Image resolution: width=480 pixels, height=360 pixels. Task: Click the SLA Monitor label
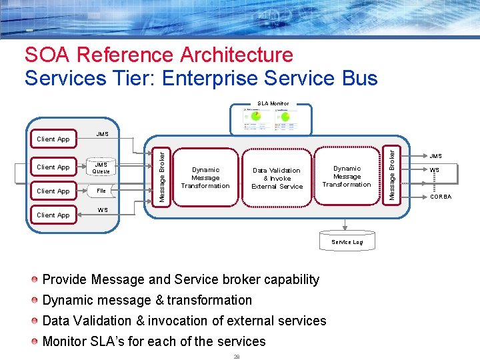pos(273,103)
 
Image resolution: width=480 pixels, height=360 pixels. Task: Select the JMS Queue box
pos(101,167)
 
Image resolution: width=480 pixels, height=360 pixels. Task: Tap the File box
pos(101,191)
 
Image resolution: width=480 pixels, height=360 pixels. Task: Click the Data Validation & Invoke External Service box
pos(277,178)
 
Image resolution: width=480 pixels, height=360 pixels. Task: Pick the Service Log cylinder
pos(347,241)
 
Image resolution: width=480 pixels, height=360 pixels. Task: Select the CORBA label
pos(440,197)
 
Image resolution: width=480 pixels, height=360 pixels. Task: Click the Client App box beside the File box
pos(53,191)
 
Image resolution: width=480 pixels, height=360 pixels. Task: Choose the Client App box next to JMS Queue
pos(53,167)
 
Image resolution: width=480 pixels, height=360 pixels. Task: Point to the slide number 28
pos(236,356)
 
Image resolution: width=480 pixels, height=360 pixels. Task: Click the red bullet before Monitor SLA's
pos(35,341)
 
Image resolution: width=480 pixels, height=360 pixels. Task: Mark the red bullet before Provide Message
pos(35,279)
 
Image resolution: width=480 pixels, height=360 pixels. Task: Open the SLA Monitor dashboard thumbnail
pos(269,119)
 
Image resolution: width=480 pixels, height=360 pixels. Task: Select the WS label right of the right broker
pos(435,170)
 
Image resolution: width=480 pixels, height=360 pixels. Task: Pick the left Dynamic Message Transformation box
pos(205,178)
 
